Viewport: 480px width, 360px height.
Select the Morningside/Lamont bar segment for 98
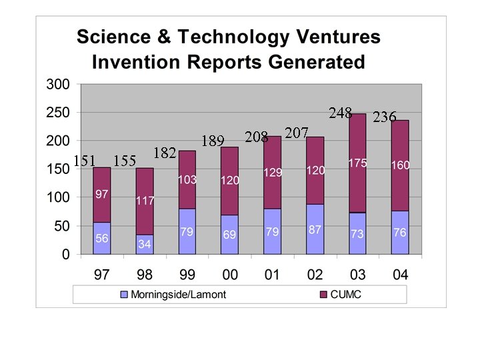[x=144, y=244]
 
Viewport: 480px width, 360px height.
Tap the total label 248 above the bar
[x=341, y=113]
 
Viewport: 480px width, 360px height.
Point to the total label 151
[x=85, y=161]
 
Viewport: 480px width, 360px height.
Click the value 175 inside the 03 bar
[x=357, y=163]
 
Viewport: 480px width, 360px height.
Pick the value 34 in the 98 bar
[x=144, y=245]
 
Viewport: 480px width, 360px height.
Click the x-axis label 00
[x=229, y=275]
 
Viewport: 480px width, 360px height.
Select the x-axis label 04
[x=400, y=275]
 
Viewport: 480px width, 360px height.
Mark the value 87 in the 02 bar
[x=315, y=229]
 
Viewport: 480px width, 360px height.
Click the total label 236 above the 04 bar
[x=385, y=117]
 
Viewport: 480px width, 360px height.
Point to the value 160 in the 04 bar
[x=400, y=165]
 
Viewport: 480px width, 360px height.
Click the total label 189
[x=213, y=141]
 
